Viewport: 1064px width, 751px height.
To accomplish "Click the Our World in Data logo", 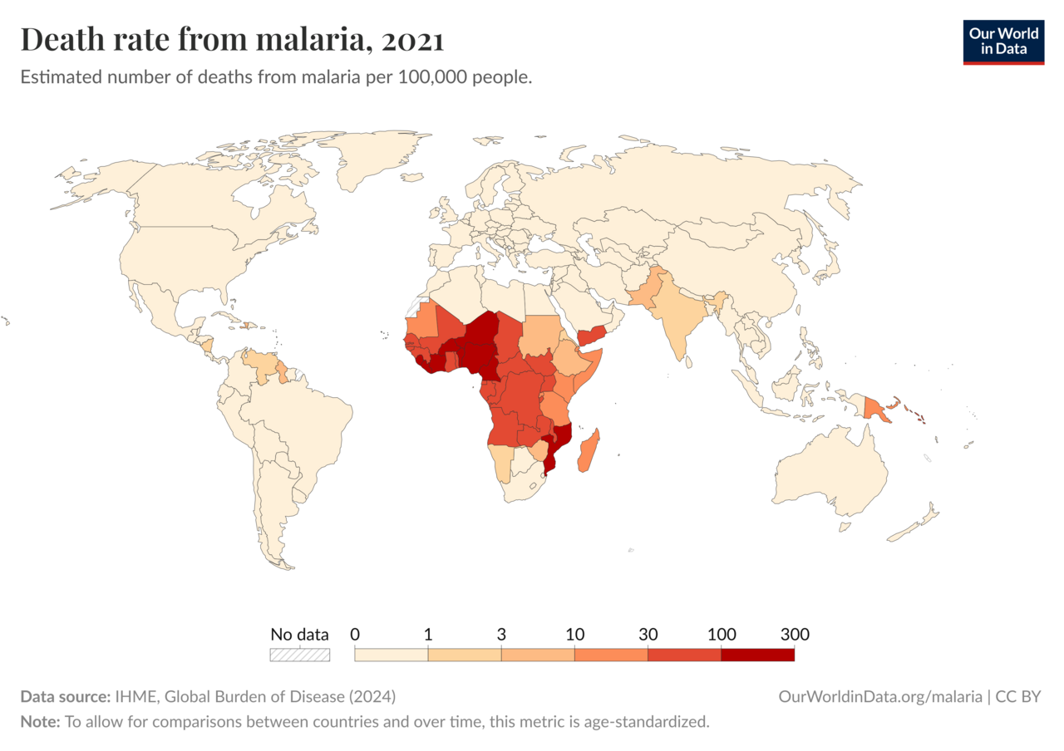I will [1003, 42].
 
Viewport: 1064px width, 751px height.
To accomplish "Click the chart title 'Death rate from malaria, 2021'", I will [232, 40].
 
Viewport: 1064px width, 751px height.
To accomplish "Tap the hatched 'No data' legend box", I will [299, 655].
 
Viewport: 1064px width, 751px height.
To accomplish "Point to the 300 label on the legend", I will [795, 635].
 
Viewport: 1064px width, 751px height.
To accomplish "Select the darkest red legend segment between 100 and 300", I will [757, 655].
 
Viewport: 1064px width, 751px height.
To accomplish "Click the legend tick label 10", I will [574, 635].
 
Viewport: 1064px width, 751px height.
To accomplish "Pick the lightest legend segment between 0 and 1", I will [391, 655].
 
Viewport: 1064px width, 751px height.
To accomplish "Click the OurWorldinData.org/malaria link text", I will [880, 696].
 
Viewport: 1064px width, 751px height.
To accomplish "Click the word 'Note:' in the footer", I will [40, 721].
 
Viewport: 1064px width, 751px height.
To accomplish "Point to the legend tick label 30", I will [648, 635].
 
